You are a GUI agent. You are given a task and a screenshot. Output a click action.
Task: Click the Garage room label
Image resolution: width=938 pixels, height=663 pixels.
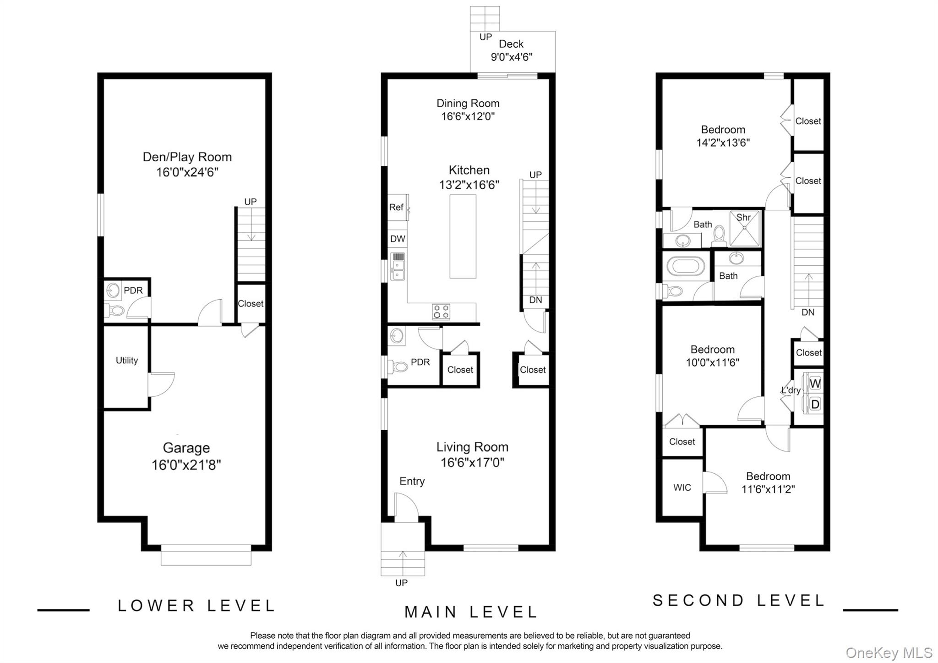tap(186, 448)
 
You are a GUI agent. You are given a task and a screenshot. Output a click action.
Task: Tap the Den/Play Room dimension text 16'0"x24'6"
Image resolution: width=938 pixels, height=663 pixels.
tap(187, 172)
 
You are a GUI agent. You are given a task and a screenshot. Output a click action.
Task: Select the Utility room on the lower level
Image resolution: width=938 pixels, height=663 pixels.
tap(126, 367)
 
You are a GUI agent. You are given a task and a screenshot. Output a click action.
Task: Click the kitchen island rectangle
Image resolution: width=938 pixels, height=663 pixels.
tap(463, 236)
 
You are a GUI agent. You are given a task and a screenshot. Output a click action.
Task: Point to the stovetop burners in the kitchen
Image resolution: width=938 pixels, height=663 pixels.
tap(441, 312)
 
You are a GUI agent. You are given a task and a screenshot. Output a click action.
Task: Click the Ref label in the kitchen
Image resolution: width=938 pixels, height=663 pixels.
tap(396, 207)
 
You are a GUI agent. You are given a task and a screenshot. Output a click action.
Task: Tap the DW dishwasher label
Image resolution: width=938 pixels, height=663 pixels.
tap(398, 239)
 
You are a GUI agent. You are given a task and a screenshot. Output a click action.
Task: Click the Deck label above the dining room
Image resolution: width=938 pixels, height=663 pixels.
tap(511, 44)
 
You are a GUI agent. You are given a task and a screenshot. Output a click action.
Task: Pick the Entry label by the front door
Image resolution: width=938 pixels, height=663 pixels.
tap(412, 481)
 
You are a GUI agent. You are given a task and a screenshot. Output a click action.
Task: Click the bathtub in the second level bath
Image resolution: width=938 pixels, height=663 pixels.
tap(686, 266)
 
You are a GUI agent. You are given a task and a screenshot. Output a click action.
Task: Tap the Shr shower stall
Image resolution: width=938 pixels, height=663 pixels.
tap(745, 227)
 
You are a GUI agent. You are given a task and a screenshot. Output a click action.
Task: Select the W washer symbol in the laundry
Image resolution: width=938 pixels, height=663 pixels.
tap(815, 383)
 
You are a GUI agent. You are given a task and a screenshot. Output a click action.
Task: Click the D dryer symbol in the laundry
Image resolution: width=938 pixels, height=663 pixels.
tap(815, 404)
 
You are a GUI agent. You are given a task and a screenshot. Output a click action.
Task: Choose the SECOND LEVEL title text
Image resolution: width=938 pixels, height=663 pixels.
tap(738, 600)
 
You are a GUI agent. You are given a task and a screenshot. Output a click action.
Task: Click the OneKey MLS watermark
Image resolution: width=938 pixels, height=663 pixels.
tap(889, 652)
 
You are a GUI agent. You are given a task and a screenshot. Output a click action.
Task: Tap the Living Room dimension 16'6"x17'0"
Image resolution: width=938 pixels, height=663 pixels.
tap(472, 462)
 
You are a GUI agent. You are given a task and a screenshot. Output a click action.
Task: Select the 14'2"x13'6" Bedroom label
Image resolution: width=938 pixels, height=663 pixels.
tap(723, 136)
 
